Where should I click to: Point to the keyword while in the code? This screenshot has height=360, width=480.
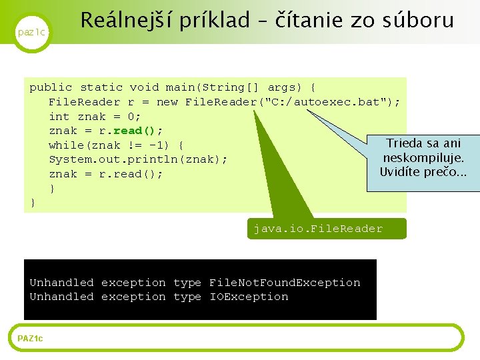[67, 145]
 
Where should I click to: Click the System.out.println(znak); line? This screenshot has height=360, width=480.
[138, 160]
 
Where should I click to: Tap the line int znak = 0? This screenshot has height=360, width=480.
[95, 117]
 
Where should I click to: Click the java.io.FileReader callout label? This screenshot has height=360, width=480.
[318, 229]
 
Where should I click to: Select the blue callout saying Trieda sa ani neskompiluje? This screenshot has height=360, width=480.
[423, 158]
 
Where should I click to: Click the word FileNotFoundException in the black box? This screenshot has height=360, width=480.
[285, 283]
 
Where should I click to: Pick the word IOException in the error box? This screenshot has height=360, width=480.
[249, 297]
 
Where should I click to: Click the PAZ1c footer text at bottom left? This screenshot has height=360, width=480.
[30, 339]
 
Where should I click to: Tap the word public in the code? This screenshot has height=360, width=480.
[51, 87]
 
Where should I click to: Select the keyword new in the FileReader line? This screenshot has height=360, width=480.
[167, 102]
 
